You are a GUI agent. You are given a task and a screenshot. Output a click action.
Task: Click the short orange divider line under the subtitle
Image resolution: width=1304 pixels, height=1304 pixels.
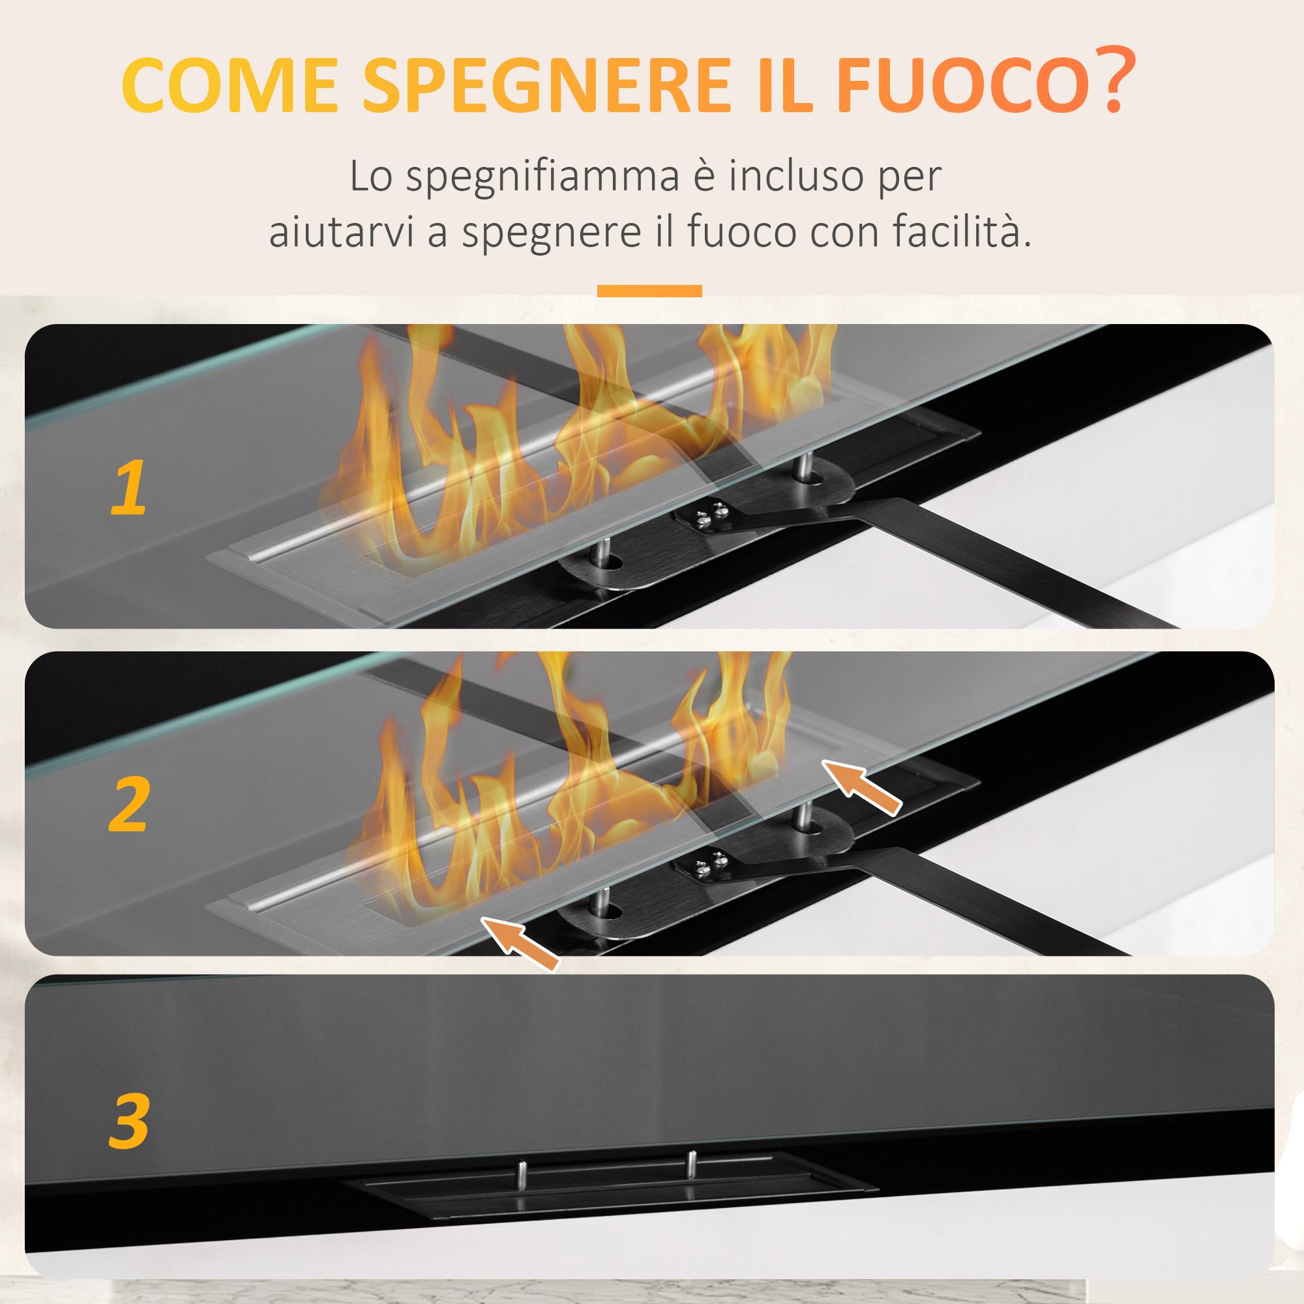pos(649,291)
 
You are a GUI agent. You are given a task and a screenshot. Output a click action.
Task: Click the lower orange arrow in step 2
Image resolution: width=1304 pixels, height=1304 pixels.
pos(520,943)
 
